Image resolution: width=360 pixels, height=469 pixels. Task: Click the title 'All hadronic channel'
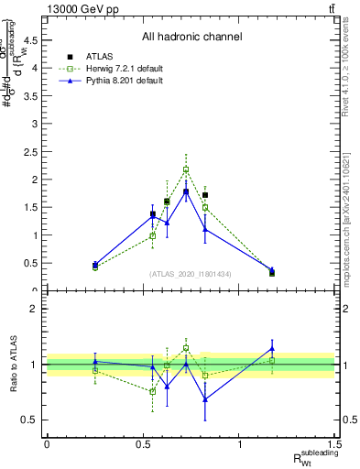pos(191,38)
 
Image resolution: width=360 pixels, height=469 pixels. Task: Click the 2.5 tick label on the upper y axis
pos(36,151)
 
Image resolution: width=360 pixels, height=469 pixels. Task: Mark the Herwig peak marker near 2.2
pos(186,169)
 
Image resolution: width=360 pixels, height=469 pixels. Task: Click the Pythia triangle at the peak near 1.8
pos(186,191)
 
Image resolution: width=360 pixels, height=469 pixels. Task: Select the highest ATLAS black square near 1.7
pos(205,195)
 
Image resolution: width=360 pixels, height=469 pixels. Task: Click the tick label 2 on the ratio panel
pos(36,309)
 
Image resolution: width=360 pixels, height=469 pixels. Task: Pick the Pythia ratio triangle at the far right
pos(272,348)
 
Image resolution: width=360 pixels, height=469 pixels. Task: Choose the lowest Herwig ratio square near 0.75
pos(153,391)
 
